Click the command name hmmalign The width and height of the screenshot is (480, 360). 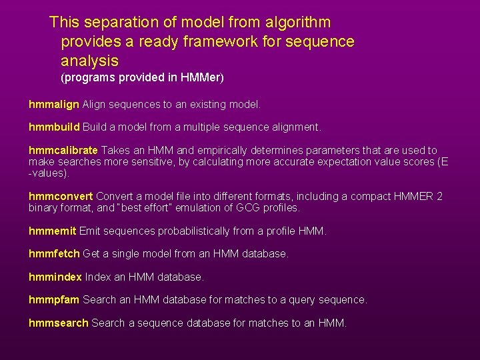54,105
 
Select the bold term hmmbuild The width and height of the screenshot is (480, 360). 54,127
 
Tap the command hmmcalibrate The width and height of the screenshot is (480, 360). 63,151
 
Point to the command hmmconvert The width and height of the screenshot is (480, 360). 61,196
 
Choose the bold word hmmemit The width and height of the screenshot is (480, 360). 53,231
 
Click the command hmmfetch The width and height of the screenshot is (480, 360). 54,254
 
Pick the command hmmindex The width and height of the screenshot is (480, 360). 55,277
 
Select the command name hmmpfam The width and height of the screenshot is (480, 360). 54,301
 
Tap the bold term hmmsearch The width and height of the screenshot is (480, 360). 59,323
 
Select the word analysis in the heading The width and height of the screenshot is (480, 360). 89,61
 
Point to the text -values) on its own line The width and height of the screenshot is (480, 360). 49,173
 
